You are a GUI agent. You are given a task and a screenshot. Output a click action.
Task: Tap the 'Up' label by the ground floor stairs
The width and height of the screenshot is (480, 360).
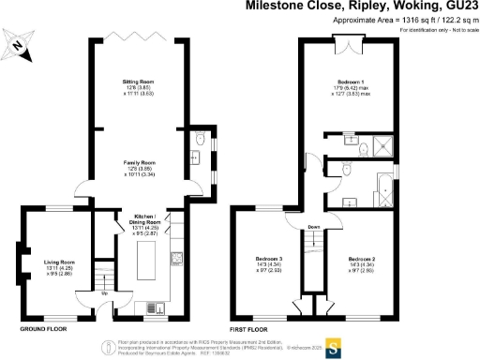(103, 293)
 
